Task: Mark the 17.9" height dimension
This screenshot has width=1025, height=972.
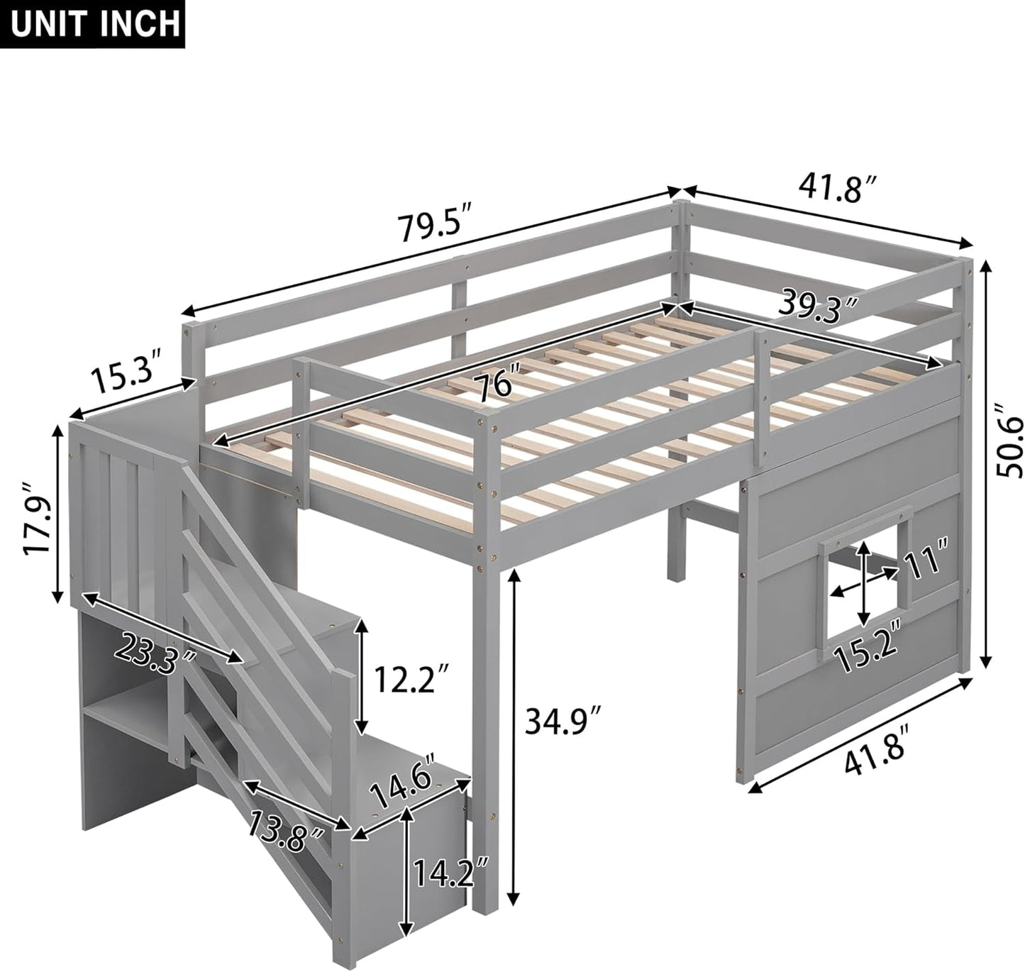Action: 38,509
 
